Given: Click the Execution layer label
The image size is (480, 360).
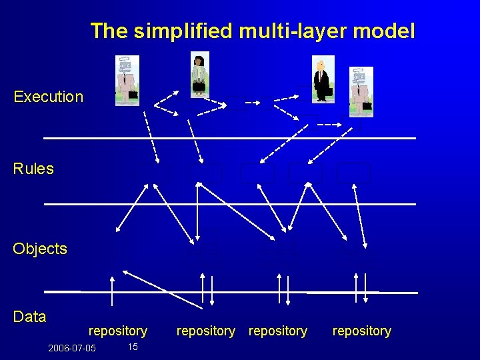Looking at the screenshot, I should (48, 97).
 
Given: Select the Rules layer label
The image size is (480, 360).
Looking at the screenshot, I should (33, 169).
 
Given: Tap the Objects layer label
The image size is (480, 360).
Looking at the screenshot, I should (40, 249).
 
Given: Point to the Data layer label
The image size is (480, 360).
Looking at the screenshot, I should (29, 317).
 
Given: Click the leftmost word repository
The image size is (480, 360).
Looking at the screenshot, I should (118, 331).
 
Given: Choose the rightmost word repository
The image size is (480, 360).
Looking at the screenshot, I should (362, 331).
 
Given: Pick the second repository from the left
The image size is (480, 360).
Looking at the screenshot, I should (206, 331).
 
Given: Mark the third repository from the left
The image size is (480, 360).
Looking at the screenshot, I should (278, 331).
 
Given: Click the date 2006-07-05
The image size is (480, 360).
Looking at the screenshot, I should (72, 349).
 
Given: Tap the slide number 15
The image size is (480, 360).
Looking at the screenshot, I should (132, 347).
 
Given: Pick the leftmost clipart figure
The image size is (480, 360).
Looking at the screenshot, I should (127, 81).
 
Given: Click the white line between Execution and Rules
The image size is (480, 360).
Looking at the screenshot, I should (229, 138).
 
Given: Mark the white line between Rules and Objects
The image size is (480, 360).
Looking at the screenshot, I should (229, 203).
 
